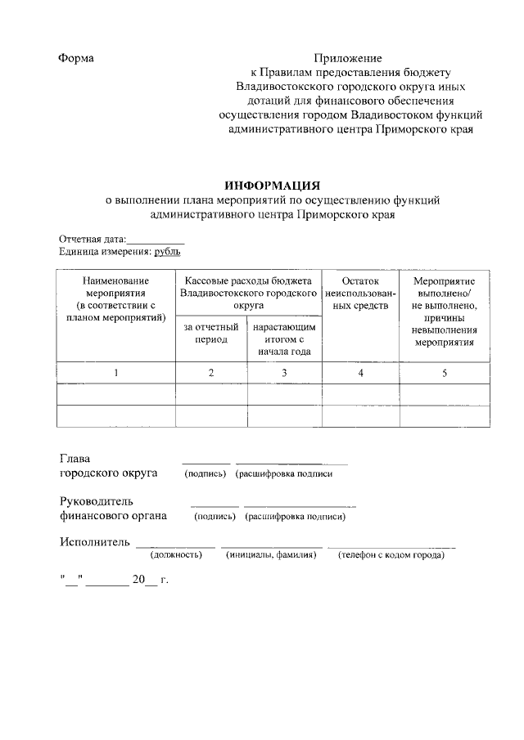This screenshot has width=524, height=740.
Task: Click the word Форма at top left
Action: [x=76, y=59]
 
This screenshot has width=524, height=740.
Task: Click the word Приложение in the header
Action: [x=349, y=59]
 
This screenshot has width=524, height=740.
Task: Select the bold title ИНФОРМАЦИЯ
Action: [x=272, y=185]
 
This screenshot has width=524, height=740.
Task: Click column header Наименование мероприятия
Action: [x=115, y=298]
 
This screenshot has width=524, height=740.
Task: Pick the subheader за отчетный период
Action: [x=210, y=334]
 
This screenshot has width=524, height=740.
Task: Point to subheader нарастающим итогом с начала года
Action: [x=284, y=339]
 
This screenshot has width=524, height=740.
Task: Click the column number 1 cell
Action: [x=115, y=373]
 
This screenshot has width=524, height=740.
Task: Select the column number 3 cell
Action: [x=284, y=373]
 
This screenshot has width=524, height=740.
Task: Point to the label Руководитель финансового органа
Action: [x=112, y=509]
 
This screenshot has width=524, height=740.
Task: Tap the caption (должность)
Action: [x=175, y=556]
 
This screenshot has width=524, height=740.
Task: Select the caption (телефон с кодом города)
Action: [x=391, y=556]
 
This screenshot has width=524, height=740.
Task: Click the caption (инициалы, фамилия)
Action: [x=271, y=556]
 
